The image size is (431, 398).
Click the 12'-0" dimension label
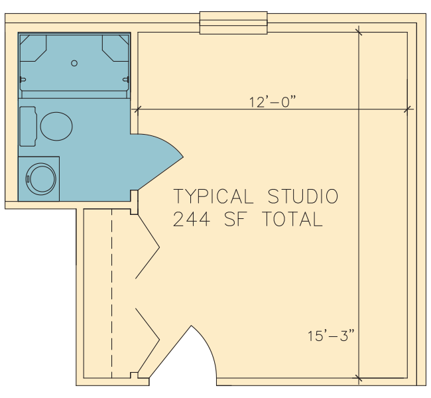tap(273, 101)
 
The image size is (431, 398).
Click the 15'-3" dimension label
tap(331, 336)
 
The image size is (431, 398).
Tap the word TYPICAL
tap(213, 196)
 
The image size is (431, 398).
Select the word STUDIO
tap(303, 196)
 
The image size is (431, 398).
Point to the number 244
tap(192, 219)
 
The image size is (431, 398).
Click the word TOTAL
tap(292, 219)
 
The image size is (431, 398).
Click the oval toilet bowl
tap(56, 126)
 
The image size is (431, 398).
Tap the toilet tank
tap(28, 126)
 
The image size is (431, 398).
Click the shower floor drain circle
tap(74, 63)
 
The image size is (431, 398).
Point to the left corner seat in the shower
tap(33, 48)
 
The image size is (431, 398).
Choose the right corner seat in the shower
tap(115, 48)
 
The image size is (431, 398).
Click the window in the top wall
tap(233, 23)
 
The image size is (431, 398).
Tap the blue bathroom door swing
tap(156, 162)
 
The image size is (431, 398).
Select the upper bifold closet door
tap(147, 247)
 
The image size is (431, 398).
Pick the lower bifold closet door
tap(147, 340)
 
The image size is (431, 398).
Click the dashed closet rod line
tap(112, 293)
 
